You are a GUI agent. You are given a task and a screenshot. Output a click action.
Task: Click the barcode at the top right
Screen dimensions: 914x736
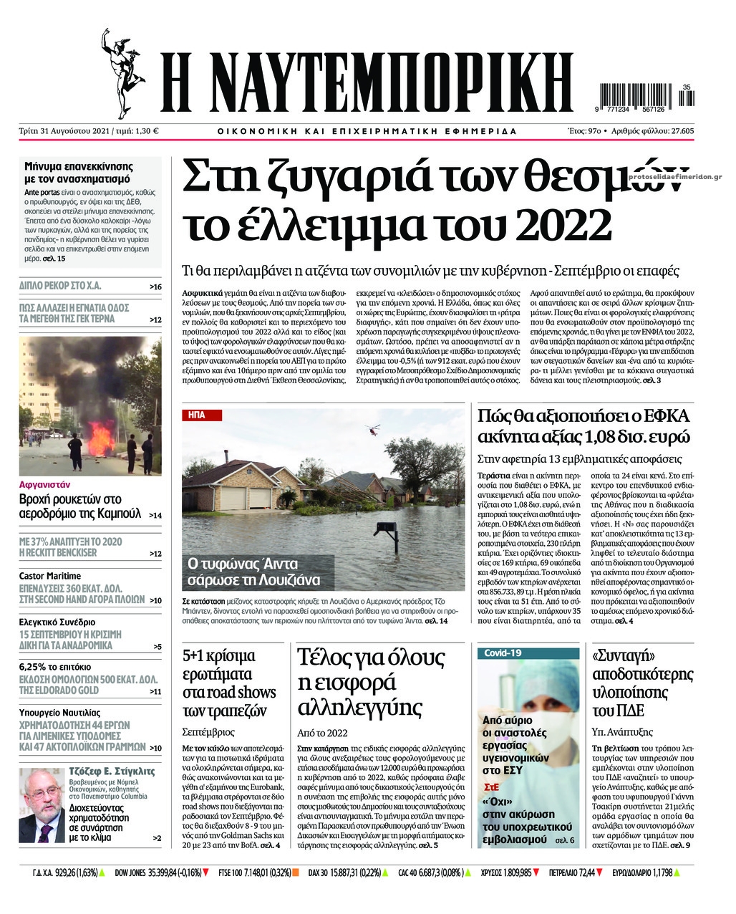click(x=641, y=97)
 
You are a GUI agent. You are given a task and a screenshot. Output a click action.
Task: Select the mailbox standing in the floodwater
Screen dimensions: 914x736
click(x=384, y=531)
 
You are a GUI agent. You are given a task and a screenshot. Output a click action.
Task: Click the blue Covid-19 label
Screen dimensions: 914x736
click(x=503, y=653)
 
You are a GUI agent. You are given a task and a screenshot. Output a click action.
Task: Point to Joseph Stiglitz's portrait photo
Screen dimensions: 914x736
click(x=42, y=804)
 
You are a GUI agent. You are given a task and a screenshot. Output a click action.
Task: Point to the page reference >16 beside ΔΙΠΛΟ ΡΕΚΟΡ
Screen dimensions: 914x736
click(x=155, y=287)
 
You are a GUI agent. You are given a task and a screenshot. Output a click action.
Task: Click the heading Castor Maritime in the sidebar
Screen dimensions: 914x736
click(x=50, y=576)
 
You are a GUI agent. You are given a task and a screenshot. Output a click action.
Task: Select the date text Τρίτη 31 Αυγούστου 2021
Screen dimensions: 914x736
click(x=76, y=131)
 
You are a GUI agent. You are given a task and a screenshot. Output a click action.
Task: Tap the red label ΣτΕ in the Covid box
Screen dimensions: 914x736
click(x=490, y=786)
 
